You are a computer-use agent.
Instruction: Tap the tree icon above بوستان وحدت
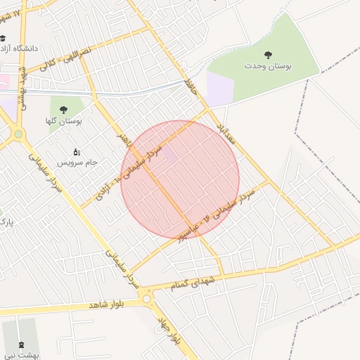(268, 54)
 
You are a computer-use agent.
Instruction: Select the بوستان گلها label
(64, 121)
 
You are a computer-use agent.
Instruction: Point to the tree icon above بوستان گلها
(64, 109)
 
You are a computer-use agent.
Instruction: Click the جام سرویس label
(77, 162)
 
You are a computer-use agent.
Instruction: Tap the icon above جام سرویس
(77, 151)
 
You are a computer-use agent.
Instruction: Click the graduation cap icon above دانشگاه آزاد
(4, 39)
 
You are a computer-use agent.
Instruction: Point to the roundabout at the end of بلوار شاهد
(148, 299)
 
